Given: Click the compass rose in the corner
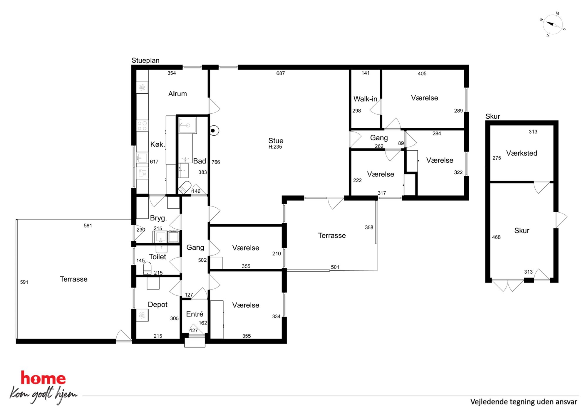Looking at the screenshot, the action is pos(552,24).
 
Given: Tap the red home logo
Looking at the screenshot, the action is pos(43,378).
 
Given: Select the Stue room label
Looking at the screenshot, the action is pos(276,141).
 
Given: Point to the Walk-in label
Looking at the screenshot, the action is pos(365,99).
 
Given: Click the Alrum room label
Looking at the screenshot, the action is pos(177,94).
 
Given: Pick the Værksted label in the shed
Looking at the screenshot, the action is pos(522,153).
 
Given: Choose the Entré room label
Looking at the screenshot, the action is pos(195,314).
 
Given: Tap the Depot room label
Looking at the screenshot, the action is pos(158,305).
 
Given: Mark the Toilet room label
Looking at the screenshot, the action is pos(158,257).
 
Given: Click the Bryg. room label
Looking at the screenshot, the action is pos(158,218).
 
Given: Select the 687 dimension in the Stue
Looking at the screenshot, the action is pos(281,73).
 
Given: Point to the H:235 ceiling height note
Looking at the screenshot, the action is pos(275,147).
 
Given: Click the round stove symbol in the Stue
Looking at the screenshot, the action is pos(214,130).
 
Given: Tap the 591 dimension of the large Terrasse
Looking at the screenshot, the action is pos(24,282).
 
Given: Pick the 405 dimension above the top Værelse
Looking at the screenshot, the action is pos(422,73).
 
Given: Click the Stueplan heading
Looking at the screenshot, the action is pos(145,60).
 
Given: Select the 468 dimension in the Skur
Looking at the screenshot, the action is pos(496,237).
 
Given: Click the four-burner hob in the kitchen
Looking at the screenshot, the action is pos(142,126).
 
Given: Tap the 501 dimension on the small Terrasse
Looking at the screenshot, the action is pos(335,267).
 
